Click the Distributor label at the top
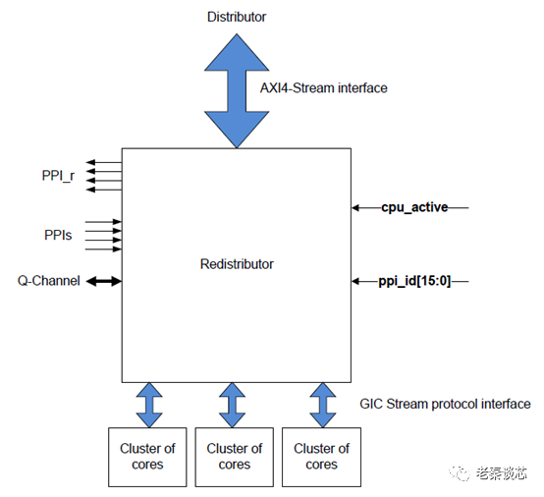coord(236,17)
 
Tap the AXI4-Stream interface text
coord(323,87)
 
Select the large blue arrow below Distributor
coord(236,88)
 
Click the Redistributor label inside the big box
coord(236,264)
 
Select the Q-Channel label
coord(48,281)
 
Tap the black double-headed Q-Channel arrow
coord(103,281)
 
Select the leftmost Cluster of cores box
coord(148,456)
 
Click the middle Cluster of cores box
coord(234,456)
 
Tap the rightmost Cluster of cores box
coord(321,456)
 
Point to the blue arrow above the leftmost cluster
coord(148,405)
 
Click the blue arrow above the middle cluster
coord(233,405)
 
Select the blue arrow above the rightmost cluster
coord(321,405)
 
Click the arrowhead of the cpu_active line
coord(355,207)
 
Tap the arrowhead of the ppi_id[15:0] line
coord(355,281)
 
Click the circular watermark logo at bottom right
coord(461,473)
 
